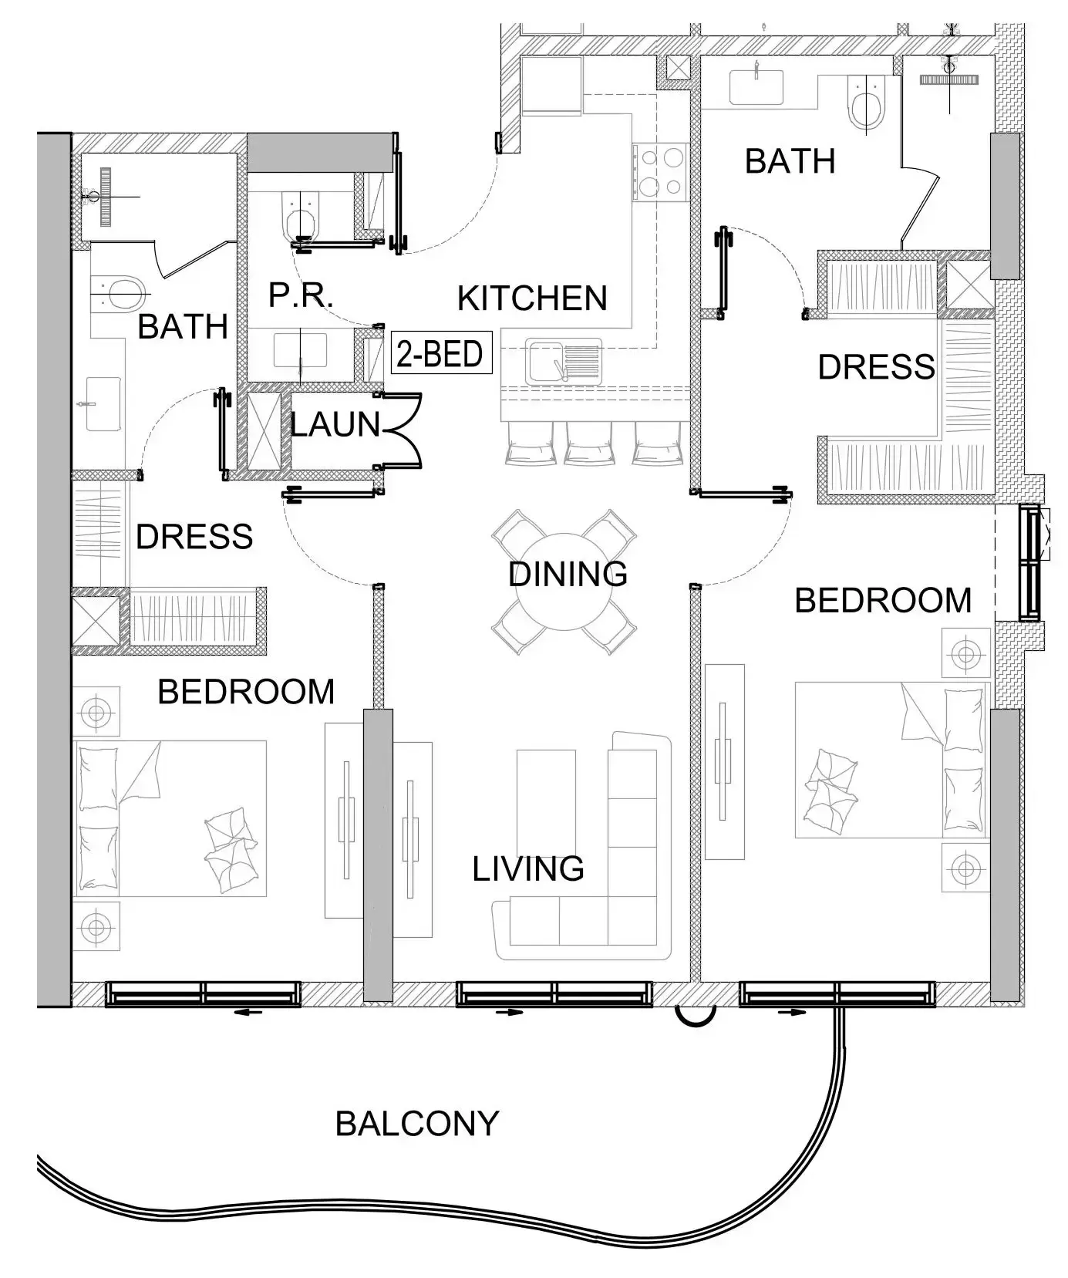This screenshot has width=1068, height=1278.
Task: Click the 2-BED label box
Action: pos(441,353)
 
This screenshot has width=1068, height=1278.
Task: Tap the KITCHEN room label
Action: pos(532,298)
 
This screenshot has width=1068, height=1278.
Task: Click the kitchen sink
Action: pos(564,360)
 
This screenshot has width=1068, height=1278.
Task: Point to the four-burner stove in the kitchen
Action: pos(659,172)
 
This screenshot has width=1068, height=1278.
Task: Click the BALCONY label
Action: pos(417,1124)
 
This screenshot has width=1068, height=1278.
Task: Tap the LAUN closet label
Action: pos(335,424)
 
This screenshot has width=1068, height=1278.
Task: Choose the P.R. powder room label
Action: pos(301,295)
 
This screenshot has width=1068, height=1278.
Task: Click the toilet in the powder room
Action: pos(301,214)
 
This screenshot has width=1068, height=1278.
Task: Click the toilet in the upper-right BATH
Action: pos(868,103)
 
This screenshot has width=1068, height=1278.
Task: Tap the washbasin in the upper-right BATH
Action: pos(756,85)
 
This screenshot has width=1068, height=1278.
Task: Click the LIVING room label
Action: pos(528,869)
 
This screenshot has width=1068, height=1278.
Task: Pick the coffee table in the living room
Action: pos(546,800)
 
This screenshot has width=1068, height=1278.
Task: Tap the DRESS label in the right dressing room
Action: pos(876,367)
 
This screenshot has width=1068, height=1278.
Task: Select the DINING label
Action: pos(568,575)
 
